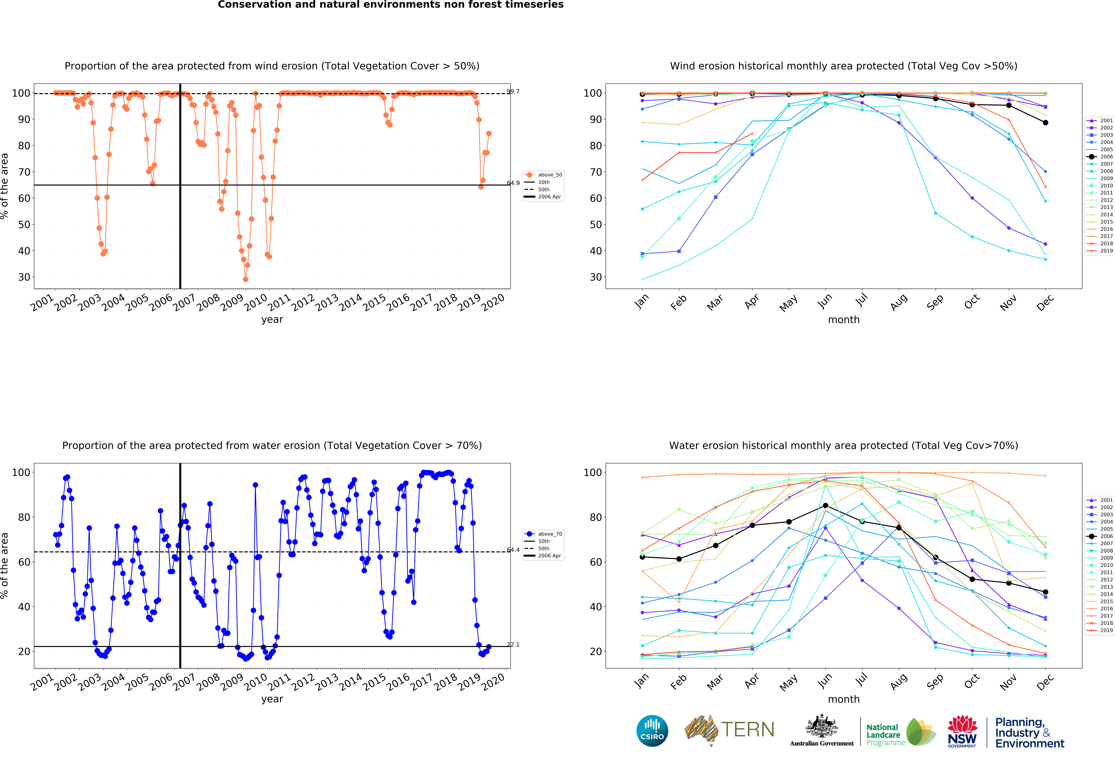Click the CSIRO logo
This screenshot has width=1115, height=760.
(652, 731)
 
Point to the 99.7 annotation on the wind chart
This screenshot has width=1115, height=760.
(513, 92)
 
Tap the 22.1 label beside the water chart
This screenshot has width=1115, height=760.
(513, 644)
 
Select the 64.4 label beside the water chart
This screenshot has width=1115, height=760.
(513, 550)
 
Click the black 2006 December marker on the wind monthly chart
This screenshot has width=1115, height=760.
(1045, 123)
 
